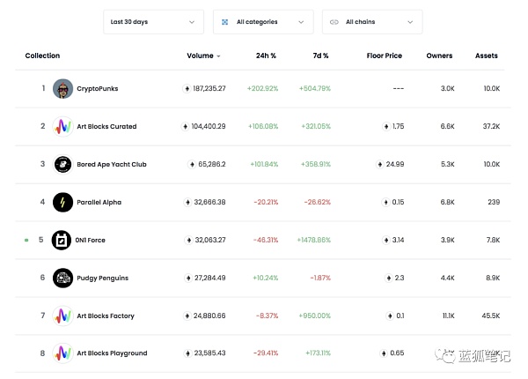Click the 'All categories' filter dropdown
pos(263,21)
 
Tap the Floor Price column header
pos(384,56)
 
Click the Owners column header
pos(439,56)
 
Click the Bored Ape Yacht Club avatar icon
pos(62,164)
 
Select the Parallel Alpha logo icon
pos(62,202)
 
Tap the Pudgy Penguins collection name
pos(102,278)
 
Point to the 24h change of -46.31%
pos(262,240)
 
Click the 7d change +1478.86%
pos(314,240)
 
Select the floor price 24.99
pos(395,164)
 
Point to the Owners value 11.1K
pos(448,316)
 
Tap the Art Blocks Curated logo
pos(62,126)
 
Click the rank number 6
pos(42,278)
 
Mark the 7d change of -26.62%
pos(316,202)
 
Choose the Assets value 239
pos(494,202)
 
